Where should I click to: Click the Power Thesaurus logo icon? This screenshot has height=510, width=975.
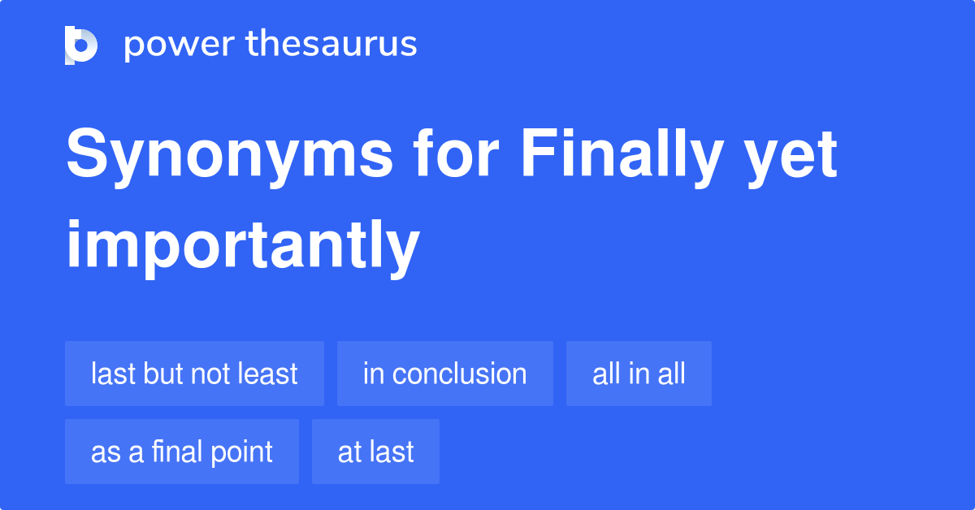(81, 45)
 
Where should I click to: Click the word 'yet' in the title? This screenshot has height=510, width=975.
(791, 156)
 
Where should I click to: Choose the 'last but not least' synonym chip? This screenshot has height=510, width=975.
(194, 374)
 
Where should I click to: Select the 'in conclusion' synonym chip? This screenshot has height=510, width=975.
(444, 374)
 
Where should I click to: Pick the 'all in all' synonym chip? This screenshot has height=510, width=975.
(639, 374)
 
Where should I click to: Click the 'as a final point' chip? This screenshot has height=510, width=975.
(181, 452)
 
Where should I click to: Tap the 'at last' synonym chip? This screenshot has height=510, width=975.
(375, 452)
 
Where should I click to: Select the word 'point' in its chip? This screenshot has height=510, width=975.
(241, 452)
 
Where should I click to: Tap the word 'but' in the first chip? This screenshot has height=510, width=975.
(162, 374)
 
